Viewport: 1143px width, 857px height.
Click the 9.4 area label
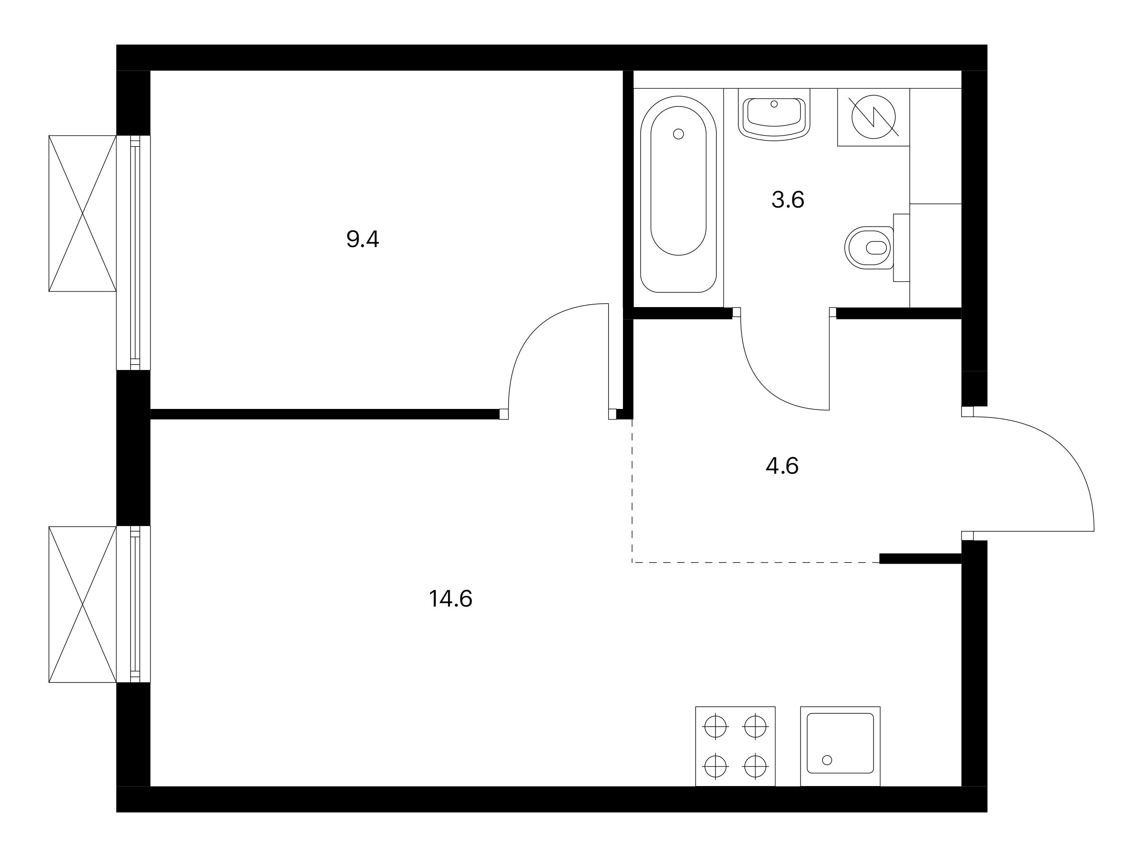[362, 239]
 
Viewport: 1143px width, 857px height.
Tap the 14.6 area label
[451, 599]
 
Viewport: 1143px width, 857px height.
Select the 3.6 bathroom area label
[788, 199]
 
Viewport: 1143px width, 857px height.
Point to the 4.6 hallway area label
[782, 466]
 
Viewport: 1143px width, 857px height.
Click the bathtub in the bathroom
[679, 194]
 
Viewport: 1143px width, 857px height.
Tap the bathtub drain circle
[679, 134]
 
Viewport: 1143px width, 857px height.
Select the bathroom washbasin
[773, 119]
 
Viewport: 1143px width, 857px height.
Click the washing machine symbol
[873, 117]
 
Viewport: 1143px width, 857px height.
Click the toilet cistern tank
[902, 248]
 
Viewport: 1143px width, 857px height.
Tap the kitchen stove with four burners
[735, 747]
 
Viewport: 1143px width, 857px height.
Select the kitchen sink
[840, 747]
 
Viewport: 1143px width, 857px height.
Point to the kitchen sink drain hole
[827, 760]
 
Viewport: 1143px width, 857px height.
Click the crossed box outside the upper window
[83, 213]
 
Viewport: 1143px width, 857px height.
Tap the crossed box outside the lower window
[83, 604]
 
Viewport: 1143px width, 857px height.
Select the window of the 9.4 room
[134, 253]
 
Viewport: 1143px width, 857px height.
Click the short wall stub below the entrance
[920, 558]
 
